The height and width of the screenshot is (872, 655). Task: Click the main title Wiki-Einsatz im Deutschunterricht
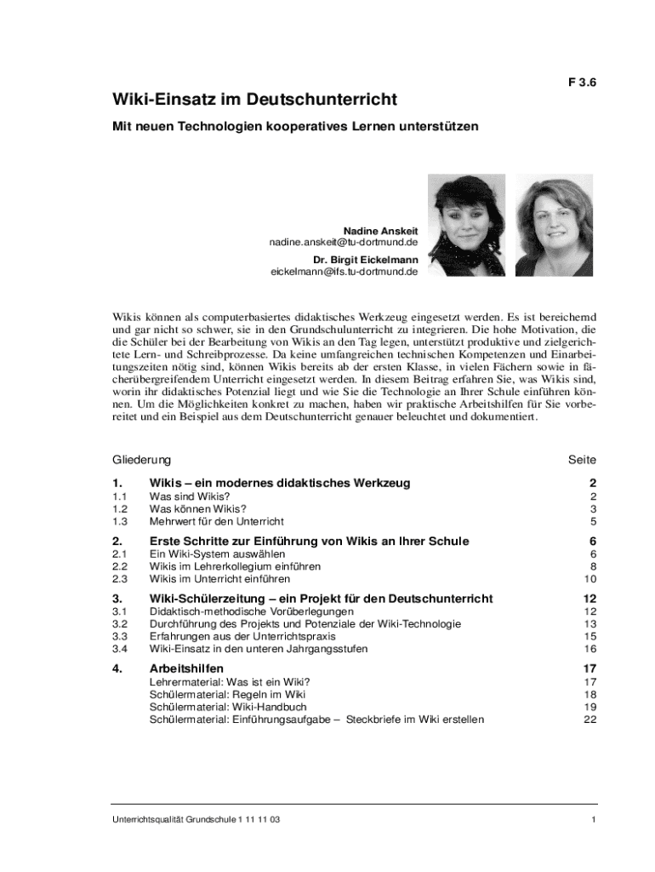(255, 100)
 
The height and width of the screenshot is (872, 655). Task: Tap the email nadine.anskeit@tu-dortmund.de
(344, 243)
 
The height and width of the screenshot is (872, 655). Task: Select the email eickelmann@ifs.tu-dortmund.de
(345, 272)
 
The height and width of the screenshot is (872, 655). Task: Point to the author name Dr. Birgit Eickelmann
(365, 260)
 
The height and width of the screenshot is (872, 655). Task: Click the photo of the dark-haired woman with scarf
(466, 224)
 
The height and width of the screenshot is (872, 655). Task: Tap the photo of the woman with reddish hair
(555, 225)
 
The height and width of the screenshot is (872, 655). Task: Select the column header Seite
(583, 460)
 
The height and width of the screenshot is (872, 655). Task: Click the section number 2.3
(120, 579)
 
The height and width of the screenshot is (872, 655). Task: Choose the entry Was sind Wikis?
(190, 496)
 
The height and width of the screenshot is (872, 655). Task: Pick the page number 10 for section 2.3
(590, 579)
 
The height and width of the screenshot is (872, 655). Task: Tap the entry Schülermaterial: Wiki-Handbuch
(216, 707)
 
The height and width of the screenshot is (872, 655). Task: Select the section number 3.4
(120, 649)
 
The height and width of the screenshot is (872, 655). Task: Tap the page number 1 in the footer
(593, 819)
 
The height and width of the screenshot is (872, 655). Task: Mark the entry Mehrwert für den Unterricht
(217, 521)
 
